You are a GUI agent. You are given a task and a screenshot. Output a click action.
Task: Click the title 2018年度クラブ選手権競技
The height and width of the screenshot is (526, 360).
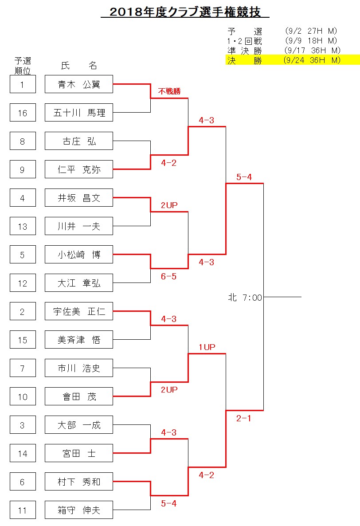[185, 12]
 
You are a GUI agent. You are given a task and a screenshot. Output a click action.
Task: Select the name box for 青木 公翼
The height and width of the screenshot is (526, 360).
[79, 84]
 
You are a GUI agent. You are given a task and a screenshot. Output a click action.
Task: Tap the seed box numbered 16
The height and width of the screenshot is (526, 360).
[23, 113]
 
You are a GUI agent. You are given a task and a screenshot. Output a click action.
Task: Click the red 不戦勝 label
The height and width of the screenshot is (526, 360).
[169, 91]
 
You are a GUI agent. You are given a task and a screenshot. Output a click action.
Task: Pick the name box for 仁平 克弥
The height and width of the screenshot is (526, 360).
[79, 169]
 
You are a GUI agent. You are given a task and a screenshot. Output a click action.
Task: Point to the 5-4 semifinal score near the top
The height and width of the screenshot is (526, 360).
[244, 177]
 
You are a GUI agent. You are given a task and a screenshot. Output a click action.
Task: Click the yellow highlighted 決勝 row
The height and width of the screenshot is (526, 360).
[293, 60]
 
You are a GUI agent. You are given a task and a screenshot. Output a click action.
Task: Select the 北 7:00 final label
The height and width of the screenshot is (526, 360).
[245, 298]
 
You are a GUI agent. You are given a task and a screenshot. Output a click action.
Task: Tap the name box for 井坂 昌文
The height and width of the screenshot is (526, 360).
[79, 198]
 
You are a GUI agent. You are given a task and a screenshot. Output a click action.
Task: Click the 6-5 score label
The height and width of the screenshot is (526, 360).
[168, 276]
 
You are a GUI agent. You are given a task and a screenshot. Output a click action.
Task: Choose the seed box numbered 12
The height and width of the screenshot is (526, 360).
[23, 283]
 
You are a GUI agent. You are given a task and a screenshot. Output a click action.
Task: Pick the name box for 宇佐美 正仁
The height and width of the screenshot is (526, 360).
[79, 311]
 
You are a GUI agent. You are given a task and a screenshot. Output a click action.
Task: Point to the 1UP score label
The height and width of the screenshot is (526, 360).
[207, 347]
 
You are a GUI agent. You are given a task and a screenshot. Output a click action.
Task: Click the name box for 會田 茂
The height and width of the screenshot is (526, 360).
[79, 396]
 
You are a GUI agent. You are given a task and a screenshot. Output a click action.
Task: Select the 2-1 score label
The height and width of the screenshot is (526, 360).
[244, 418]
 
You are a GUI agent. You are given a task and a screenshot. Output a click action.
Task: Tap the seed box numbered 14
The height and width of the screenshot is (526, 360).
[23, 454]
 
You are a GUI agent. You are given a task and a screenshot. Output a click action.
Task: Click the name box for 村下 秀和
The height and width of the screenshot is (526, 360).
[79, 482]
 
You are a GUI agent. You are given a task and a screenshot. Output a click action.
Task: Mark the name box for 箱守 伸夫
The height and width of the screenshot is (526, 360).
[79, 510]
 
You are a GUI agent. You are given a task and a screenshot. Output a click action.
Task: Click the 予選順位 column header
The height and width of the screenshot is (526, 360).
[23, 66]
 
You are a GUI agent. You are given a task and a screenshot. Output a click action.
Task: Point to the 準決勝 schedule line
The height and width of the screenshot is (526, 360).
[284, 51]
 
